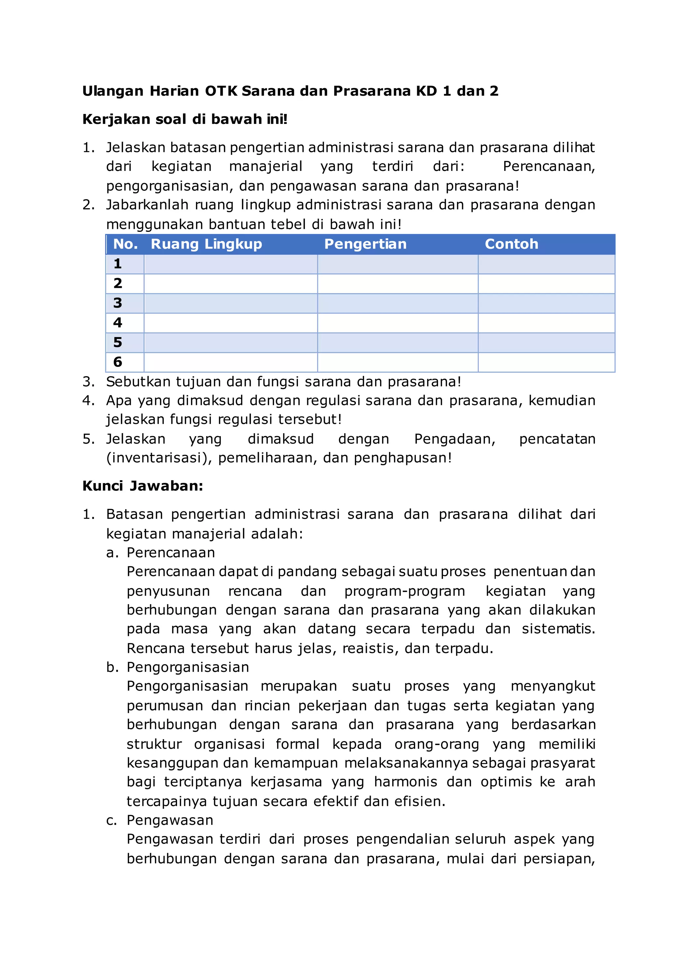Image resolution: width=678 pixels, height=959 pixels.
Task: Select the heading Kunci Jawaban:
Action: [x=143, y=486]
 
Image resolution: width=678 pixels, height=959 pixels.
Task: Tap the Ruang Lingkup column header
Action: [x=206, y=244]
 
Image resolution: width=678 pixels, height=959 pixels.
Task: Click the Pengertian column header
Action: [x=365, y=244]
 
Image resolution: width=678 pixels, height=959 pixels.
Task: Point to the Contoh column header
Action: [x=511, y=244]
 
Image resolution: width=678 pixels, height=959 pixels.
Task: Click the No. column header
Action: [x=125, y=244]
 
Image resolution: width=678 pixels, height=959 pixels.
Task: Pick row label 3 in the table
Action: [x=118, y=303]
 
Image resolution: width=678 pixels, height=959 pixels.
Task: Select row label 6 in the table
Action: [x=118, y=362]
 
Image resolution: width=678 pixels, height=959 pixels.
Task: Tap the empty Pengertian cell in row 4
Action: [x=398, y=323]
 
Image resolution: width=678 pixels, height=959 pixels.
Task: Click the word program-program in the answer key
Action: [x=405, y=591]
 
